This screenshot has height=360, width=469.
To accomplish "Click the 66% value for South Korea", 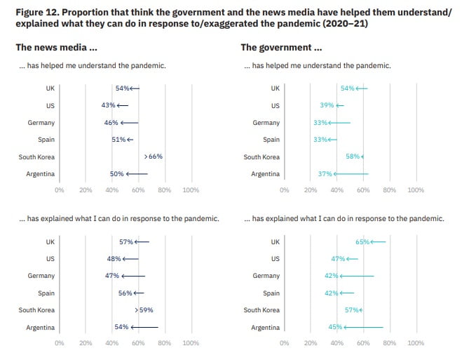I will [x=156, y=156].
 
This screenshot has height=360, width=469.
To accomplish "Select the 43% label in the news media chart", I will [x=108, y=105].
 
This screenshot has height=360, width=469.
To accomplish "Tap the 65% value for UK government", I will [x=362, y=241].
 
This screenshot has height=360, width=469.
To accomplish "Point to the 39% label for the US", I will [x=327, y=105].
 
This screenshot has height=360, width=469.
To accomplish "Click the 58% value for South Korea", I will [x=353, y=156].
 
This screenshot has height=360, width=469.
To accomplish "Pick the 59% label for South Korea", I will [x=146, y=309].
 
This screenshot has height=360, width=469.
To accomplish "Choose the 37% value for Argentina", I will [x=325, y=173].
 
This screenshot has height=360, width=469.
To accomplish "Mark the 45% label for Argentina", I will [x=335, y=327].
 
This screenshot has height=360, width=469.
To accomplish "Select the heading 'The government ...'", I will [x=281, y=48].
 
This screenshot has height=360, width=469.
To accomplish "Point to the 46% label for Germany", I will [x=111, y=122].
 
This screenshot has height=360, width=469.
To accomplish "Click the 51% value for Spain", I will [x=118, y=139].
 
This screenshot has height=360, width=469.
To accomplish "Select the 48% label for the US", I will [x=114, y=258].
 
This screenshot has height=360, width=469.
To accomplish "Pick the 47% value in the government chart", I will [x=338, y=258].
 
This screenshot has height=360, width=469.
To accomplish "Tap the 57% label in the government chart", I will [x=352, y=309].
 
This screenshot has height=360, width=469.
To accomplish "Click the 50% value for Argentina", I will [x=116, y=173].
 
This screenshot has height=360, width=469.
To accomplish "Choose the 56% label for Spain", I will [x=125, y=293].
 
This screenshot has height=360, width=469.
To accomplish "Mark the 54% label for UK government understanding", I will [x=348, y=88].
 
